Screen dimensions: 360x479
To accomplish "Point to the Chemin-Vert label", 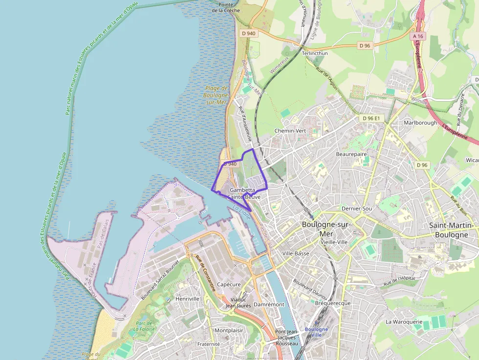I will pyautogui.click(x=290, y=131).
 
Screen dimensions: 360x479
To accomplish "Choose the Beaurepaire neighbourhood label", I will pyautogui.click(x=351, y=154).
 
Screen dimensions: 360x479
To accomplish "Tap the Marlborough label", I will pyautogui.click(x=420, y=123).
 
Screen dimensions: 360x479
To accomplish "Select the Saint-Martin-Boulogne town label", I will pyautogui.click(x=452, y=230).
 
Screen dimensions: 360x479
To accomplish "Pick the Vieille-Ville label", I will pyautogui.click(x=333, y=242).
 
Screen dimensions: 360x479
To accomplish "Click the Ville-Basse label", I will pyautogui.click(x=296, y=254).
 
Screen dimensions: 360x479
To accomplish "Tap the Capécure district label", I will pyautogui.click(x=229, y=284).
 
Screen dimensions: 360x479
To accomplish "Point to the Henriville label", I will pyautogui.click(x=188, y=298).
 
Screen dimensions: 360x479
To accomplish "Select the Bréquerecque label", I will pyautogui.click(x=333, y=303).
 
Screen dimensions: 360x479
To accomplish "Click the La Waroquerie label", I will pyautogui.click(x=404, y=322).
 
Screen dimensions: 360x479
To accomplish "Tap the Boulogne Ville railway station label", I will pyautogui.click(x=316, y=332).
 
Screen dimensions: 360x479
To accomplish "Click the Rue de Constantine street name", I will pyautogui.click(x=205, y=274).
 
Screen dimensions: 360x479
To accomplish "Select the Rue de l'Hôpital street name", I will pyautogui.click(x=399, y=281).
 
